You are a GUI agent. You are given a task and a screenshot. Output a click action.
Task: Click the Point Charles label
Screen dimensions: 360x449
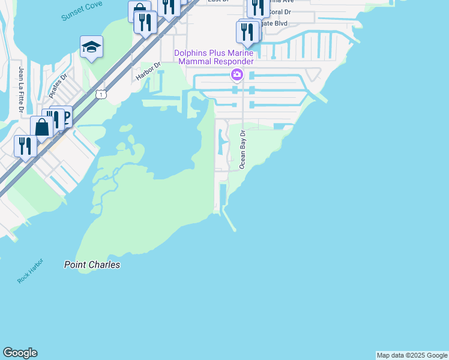point(92,265)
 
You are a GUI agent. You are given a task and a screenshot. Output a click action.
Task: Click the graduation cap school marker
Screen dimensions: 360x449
point(91,47)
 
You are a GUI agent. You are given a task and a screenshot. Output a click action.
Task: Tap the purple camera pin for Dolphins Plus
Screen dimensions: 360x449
point(237,74)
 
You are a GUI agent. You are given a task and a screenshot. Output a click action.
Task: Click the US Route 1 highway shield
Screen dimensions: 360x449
point(101,94)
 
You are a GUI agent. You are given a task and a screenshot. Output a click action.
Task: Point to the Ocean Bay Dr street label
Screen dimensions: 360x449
point(243,149)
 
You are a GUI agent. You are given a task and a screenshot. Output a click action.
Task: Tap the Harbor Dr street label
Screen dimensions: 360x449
point(149,71)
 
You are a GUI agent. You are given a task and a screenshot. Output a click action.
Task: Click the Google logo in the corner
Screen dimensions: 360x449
point(20,353)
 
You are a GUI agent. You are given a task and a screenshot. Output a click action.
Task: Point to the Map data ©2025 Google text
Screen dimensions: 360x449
point(412,355)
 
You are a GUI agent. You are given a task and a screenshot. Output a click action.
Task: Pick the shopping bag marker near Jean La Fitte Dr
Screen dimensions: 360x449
point(41,127)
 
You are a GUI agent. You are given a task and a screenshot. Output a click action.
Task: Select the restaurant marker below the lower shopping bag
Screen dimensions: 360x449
point(25,146)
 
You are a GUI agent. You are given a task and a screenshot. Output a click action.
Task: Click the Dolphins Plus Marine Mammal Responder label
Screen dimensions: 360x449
point(214,57)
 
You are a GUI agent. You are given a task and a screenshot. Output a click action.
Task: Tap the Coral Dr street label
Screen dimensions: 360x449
point(279,11)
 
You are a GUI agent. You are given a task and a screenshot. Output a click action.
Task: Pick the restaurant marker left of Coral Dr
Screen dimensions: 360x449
point(258,7)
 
